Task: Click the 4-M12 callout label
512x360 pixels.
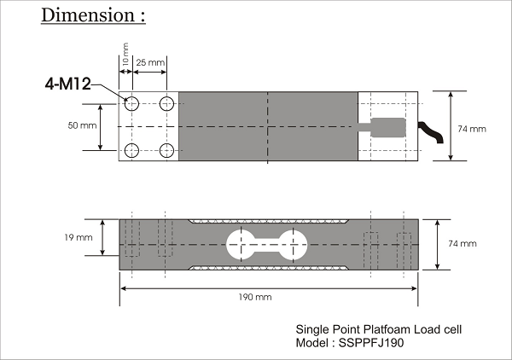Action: point(68,84)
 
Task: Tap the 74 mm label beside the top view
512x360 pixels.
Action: point(472,129)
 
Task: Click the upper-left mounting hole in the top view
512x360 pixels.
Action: point(132,103)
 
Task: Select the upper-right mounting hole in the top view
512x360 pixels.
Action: point(166,103)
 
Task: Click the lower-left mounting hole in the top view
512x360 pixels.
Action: point(132,151)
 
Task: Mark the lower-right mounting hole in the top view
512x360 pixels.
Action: point(166,151)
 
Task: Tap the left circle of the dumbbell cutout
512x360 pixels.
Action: point(238,244)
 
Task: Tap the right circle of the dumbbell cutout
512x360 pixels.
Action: point(294,244)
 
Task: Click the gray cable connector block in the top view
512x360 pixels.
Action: point(389,127)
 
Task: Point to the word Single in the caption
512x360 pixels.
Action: point(311,329)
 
